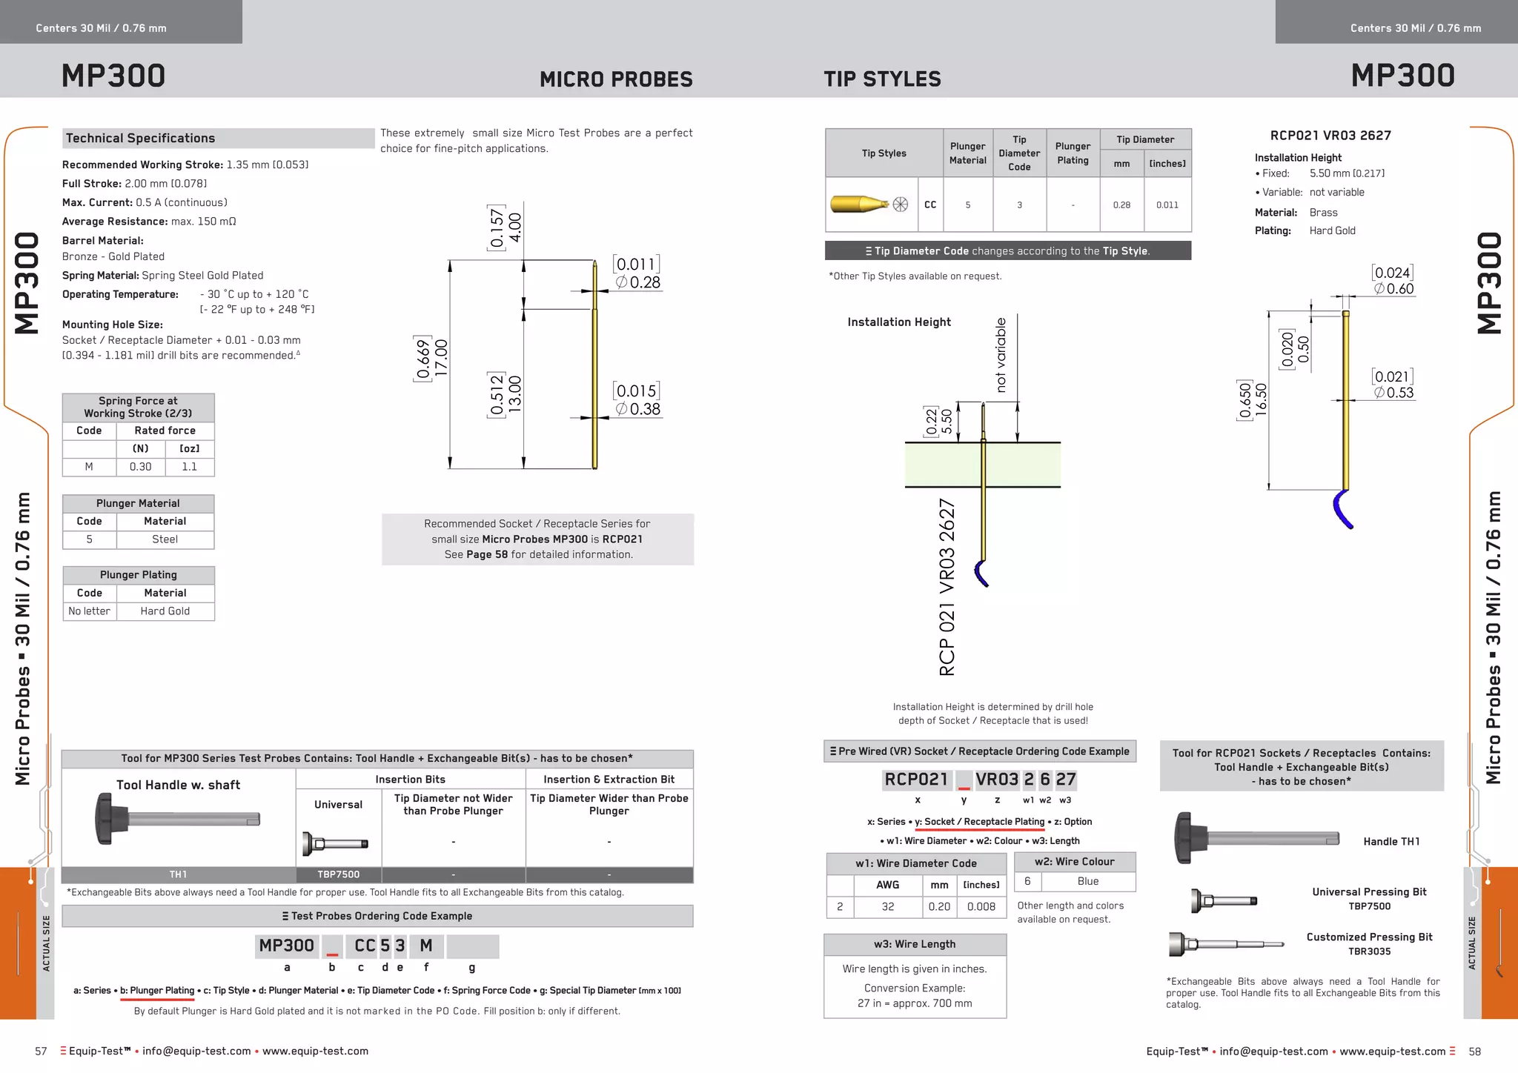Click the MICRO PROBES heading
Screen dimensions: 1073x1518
616,79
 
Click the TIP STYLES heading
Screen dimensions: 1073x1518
882,79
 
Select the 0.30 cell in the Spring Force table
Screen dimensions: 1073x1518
140,467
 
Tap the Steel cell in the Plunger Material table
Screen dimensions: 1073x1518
165,539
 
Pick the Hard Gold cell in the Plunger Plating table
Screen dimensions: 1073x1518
165,611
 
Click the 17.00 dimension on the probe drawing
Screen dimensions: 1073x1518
442,358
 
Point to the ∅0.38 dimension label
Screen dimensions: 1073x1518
638,409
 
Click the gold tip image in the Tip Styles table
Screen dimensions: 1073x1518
860,204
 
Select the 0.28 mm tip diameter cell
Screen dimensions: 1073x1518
1121,205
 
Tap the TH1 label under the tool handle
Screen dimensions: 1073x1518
178,874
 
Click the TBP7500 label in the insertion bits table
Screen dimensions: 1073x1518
339,874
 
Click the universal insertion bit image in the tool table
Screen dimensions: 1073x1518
335,843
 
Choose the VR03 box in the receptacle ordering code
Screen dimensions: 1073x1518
996,780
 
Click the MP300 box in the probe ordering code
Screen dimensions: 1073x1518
287,946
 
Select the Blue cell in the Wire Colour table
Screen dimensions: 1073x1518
1087,881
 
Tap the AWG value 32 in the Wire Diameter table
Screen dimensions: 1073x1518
887,907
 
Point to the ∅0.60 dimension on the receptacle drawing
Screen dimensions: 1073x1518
1394,289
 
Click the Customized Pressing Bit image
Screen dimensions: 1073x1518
1225,944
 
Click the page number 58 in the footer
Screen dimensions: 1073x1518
1474,1052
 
